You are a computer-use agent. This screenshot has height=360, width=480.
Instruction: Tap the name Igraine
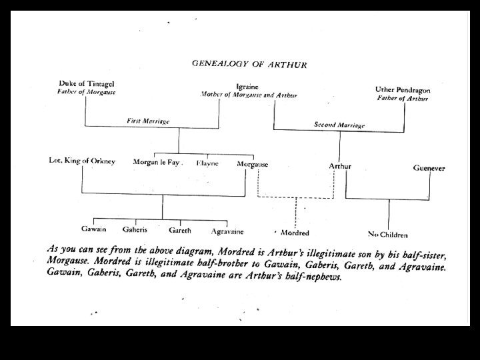247,87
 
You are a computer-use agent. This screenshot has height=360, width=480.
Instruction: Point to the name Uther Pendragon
403,89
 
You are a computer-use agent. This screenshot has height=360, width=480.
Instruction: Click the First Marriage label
148,121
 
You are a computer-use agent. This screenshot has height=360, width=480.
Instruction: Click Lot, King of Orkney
82,161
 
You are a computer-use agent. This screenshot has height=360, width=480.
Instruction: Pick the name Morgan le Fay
157,162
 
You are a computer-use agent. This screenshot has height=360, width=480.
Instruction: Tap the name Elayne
207,163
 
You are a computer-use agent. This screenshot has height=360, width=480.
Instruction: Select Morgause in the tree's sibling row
253,164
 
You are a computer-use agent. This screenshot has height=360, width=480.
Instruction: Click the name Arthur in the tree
340,165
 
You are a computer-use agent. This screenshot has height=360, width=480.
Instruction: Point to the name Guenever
430,169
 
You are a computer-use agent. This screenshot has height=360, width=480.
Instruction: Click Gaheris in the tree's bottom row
135,229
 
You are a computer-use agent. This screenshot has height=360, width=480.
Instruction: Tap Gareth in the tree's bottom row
179,231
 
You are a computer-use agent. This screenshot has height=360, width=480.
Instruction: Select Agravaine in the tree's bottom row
227,232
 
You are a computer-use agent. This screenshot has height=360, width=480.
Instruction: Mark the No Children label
388,235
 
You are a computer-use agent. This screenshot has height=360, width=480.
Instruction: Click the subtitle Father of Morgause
86,92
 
